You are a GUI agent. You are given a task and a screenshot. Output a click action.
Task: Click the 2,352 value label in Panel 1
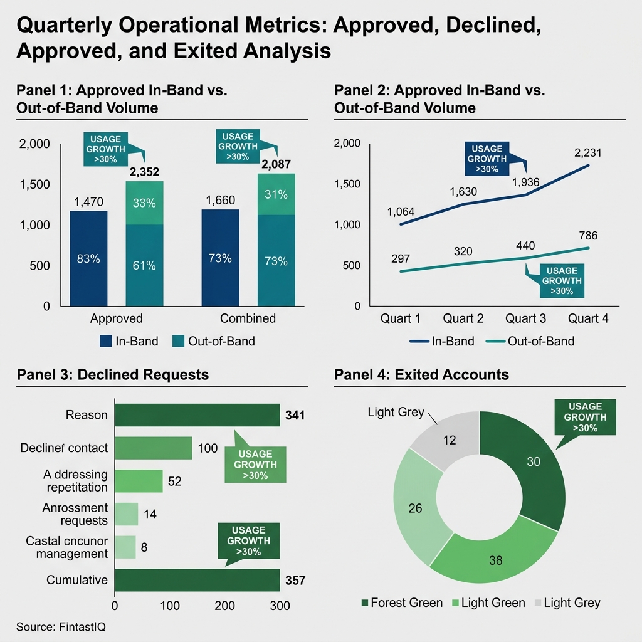(x=144, y=172)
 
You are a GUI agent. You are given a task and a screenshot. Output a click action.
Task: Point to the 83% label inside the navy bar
(x=88, y=260)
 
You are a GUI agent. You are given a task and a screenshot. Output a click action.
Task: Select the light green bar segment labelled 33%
(x=144, y=203)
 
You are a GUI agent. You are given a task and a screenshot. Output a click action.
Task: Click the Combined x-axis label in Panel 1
(x=248, y=318)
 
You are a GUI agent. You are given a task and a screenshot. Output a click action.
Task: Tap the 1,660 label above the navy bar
(x=220, y=201)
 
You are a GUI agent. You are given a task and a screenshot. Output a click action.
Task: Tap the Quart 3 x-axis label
(x=525, y=318)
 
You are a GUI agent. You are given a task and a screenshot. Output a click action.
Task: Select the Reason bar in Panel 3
(x=197, y=415)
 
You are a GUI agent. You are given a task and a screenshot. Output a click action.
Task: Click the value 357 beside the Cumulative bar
(x=295, y=581)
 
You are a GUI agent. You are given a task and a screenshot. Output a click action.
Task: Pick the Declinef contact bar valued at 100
(x=153, y=448)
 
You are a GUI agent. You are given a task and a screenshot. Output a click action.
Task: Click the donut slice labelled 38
(x=495, y=560)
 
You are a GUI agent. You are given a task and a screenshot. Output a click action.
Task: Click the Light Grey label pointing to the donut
(x=396, y=412)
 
